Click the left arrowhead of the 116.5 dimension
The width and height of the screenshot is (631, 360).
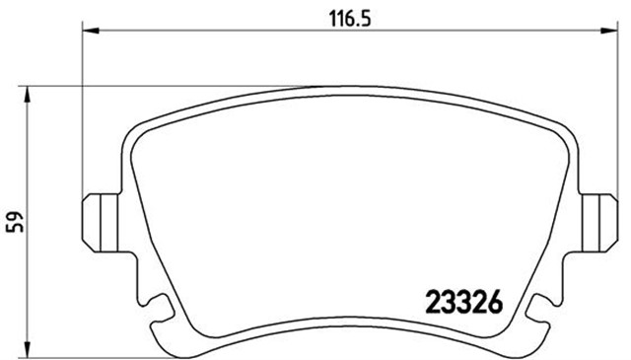(x=87, y=32)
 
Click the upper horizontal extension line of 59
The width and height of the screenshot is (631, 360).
(x=148, y=87)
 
